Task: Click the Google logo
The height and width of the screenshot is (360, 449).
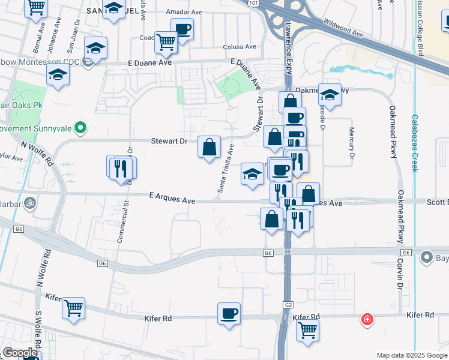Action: point(20,353)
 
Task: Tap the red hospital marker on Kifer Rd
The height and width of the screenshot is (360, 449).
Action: point(366,319)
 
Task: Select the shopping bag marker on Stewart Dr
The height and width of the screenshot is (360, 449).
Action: point(209,147)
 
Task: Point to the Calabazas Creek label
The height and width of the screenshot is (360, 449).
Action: point(414,143)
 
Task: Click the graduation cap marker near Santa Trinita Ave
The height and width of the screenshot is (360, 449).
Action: point(253,174)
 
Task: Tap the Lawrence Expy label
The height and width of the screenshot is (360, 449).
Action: point(288,42)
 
